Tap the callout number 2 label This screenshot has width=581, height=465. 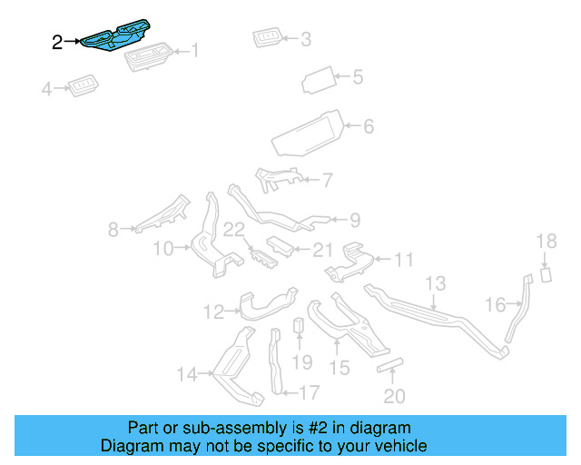coord(57,42)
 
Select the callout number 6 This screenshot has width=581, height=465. coord(368,126)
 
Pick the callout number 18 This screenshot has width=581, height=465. coord(546,241)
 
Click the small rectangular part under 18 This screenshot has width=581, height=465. coord(547,274)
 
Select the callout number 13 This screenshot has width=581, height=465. coord(436,283)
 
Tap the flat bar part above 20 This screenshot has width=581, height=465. coord(389,364)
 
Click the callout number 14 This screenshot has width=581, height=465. coord(186,373)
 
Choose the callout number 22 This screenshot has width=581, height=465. coord(234,231)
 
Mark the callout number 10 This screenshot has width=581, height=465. coord(162,249)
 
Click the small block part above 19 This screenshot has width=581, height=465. coord(298,326)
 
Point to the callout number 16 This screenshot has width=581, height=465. coord(495,305)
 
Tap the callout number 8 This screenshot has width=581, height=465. coord(113,231)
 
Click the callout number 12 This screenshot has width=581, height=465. coord(212,312)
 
